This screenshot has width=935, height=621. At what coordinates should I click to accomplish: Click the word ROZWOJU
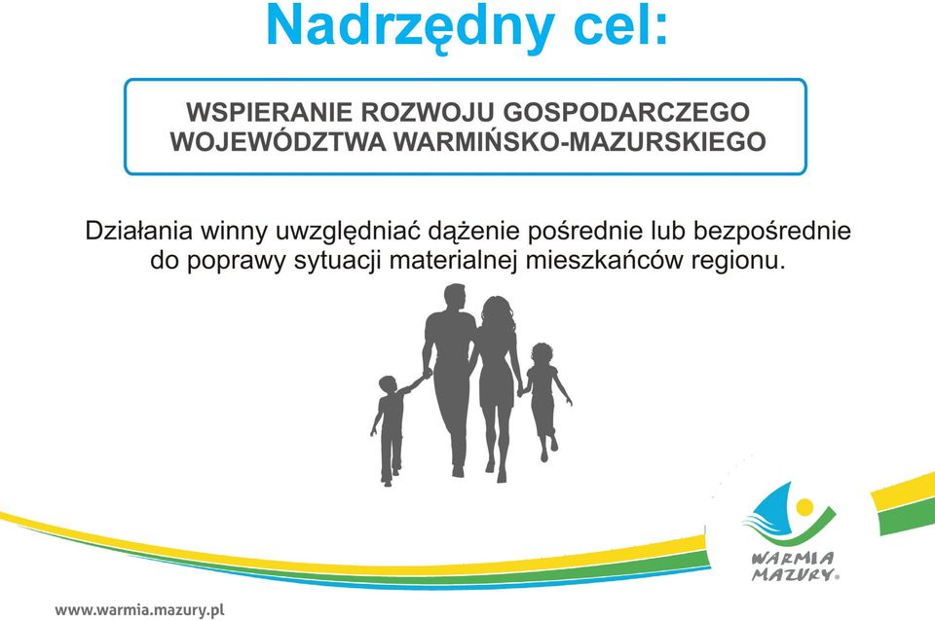click(426, 112)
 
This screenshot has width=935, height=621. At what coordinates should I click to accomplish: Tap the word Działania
click(139, 232)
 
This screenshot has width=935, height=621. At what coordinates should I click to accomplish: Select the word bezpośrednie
click(771, 232)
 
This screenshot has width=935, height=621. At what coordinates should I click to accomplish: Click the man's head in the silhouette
click(455, 298)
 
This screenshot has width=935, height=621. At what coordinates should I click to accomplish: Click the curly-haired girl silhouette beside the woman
click(543, 399)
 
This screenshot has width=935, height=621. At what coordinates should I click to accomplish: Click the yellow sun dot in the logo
click(804, 507)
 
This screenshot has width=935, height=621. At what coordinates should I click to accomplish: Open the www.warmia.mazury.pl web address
click(139, 610)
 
